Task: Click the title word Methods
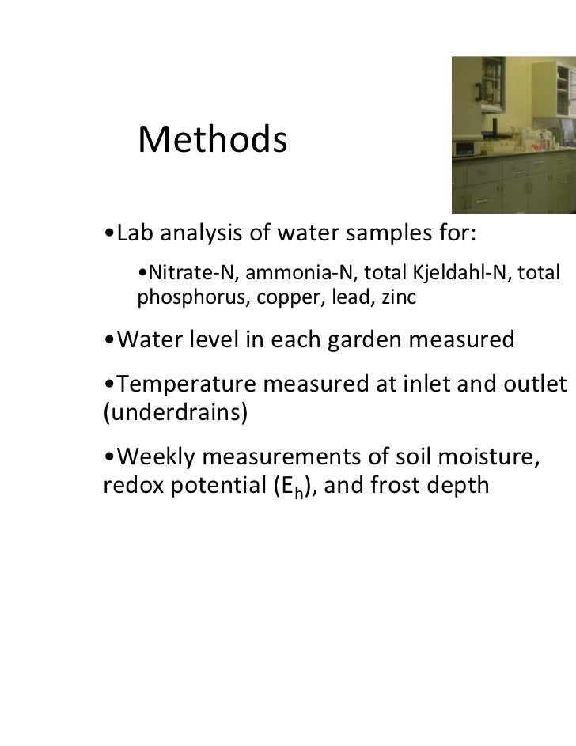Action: (210, 141)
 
